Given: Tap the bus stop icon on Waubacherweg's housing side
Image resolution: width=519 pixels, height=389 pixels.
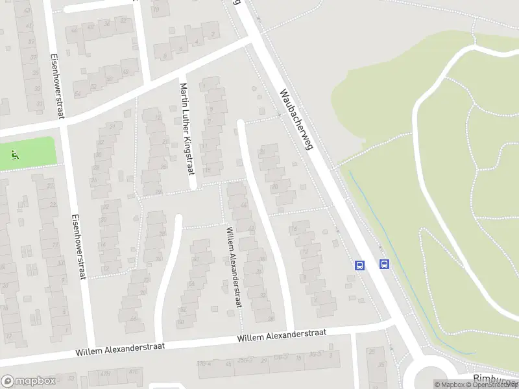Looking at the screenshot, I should click(359, 265).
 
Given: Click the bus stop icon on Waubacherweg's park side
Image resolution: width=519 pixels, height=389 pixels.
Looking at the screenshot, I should click(384, 264).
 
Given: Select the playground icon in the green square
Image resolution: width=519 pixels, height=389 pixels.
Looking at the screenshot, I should click(14, 154).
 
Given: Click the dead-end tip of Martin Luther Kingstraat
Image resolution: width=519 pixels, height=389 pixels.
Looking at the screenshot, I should click(193, 187).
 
